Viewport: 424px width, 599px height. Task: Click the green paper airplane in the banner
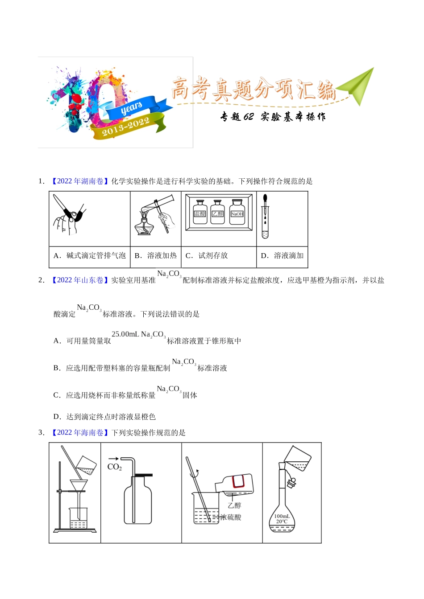click(357, 86)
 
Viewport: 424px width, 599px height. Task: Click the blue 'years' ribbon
click(134, 107)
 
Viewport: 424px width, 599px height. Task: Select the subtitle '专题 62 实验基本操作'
click(273, 117)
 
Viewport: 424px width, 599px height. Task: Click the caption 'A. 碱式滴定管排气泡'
click(89, 255)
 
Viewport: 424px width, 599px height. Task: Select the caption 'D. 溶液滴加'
click(282, 255)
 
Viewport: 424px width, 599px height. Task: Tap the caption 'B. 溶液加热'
click(155, 255)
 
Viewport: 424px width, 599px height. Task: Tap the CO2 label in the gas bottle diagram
click(114, 467)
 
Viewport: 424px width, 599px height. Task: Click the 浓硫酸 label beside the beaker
click(231, 517)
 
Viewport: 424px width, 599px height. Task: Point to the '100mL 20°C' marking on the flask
click(282, 519)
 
